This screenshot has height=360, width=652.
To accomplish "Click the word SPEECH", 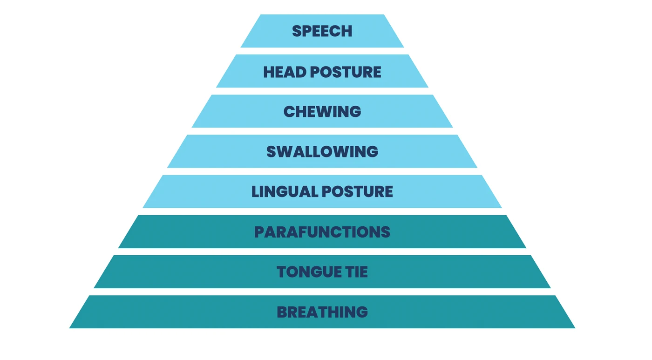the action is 322,31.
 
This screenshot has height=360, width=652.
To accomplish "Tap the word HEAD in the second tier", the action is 285,72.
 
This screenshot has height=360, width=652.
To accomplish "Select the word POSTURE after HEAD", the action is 346,72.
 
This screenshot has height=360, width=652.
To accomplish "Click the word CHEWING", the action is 322,111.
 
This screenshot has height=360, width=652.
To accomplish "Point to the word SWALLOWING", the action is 322,152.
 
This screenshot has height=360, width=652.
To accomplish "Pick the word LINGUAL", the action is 285,191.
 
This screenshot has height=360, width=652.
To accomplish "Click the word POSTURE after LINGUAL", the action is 358,191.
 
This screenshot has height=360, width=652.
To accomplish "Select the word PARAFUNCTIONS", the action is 322,232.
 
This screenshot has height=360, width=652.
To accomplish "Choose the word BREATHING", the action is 322,312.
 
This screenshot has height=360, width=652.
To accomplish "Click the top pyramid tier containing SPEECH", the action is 322,31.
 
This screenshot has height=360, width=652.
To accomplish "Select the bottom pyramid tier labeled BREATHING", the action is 322,312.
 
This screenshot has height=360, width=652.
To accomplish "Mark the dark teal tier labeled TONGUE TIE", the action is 322,272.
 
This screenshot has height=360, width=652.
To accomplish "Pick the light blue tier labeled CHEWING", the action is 322,111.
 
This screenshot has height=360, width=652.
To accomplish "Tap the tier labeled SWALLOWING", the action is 322,151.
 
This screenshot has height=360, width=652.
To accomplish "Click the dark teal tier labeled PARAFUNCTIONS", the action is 322,231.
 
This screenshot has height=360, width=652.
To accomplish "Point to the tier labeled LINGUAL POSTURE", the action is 322,191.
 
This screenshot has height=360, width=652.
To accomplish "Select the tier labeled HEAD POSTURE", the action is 322,71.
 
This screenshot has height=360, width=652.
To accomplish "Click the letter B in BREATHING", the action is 282,312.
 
